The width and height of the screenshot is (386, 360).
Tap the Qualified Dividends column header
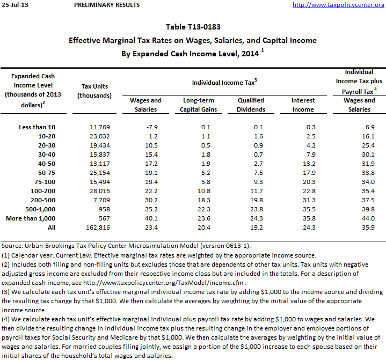click(x=251, y=105)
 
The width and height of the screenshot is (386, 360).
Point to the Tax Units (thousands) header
click(x=94, y=91)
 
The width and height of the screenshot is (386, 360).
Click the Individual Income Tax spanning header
click(x=224, y=82)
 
